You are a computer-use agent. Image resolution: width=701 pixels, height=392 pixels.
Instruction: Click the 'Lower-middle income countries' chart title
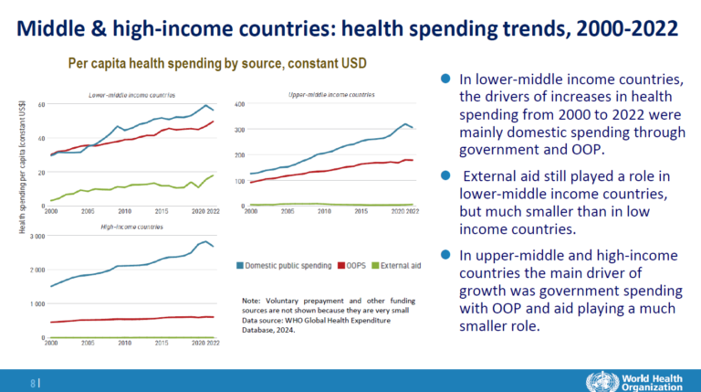point(131,95)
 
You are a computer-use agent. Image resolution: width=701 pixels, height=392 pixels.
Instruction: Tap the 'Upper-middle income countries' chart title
point(330,94)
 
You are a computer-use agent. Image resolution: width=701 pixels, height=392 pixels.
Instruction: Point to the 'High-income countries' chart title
point(124,226)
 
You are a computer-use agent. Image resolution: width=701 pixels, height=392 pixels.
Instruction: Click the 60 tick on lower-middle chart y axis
point(40,105)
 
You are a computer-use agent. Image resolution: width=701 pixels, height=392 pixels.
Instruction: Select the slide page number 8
point(35,382)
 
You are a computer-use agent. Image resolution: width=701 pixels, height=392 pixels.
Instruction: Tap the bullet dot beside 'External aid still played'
point(445,174)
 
